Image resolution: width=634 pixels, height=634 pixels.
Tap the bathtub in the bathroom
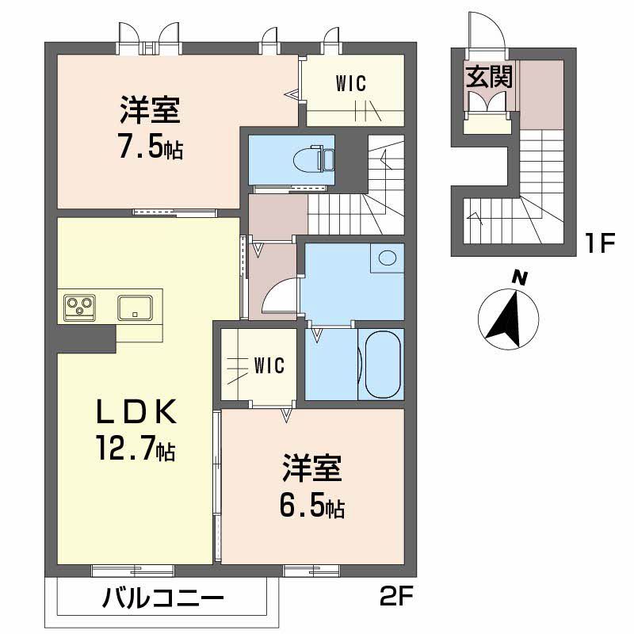[382, 365]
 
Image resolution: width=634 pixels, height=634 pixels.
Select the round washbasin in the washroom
[388, 258]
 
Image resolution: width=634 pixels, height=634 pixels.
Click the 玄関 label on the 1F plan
[488, 78]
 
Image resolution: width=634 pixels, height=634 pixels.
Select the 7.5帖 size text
[150, 147]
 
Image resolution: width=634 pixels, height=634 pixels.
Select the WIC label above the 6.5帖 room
[269, 366]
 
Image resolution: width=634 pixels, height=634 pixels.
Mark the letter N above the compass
[520, 277]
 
